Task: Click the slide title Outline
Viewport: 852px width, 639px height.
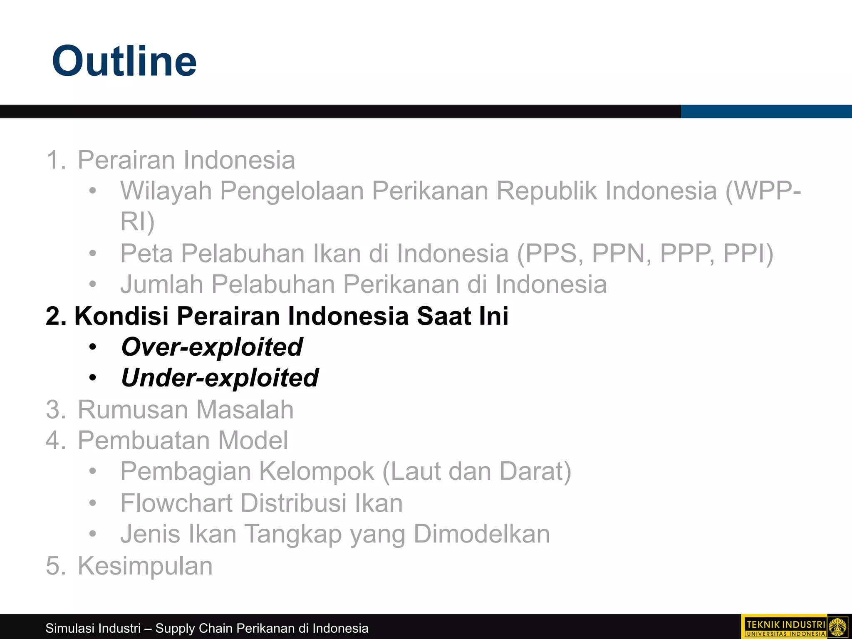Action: coord(124,61)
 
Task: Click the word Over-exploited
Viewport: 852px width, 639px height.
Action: coord(212,347)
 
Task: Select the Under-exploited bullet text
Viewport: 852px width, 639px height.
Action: coord(220,378)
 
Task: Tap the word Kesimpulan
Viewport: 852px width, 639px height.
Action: coord(145,566)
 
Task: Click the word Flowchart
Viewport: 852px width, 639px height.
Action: coord(176,503)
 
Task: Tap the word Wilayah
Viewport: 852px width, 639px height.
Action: coord(166,191)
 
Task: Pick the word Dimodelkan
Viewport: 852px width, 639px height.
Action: coord(481,534)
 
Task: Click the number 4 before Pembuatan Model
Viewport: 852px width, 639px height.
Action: coord(54,441)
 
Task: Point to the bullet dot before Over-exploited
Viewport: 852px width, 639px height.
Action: coord(93,347)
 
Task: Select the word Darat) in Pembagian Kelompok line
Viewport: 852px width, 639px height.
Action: coord(535,472)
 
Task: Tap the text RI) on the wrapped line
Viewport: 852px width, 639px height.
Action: coord(137,221)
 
